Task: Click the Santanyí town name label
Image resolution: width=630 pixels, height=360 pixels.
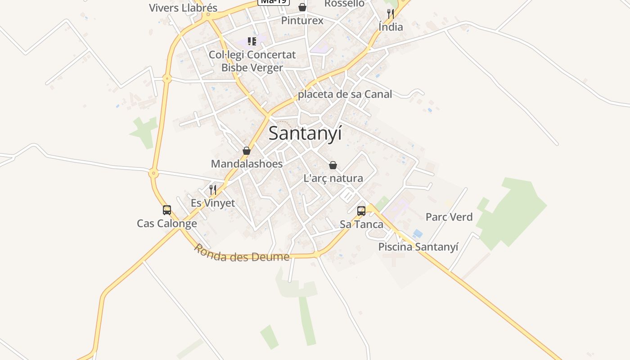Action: (x=305, y=134)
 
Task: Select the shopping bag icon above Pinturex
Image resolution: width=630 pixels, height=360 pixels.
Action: (x=302, y=7)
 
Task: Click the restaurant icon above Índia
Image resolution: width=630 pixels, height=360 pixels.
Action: (x=391, y=14)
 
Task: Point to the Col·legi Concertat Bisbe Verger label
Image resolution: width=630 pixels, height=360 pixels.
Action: (x=252, y=61)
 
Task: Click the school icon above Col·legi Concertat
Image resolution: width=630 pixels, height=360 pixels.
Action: (x=252, y=41)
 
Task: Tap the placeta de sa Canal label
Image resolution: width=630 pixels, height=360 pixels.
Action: (x=345, y=94)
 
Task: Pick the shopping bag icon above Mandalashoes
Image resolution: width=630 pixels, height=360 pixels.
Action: (x=247, y=151)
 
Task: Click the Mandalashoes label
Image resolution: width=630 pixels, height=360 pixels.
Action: (x=247, y=164)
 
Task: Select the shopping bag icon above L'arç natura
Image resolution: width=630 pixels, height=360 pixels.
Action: (x=333, y=165)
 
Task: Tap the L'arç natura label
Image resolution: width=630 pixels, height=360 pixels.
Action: (x=333, y=178)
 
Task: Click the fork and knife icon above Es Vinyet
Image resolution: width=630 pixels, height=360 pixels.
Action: (x=213, y=190)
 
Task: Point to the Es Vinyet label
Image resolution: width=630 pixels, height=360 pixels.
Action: (x=213, y=203)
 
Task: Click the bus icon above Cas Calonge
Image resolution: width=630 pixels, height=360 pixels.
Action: (x=167, y=210)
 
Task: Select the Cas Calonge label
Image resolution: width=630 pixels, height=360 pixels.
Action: (x=167, y=224)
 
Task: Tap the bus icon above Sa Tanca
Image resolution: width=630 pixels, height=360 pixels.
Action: (x=361, y=211)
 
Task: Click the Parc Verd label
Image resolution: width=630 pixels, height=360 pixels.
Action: (x=449, y=217)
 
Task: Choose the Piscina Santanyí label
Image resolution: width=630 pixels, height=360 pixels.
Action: (x=418, y=247)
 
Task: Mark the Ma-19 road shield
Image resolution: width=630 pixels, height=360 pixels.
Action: (x=273, y=2)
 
